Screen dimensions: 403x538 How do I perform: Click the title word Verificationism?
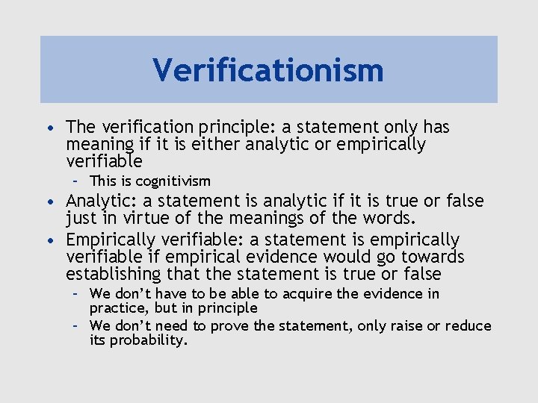[x=268, y=70]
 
